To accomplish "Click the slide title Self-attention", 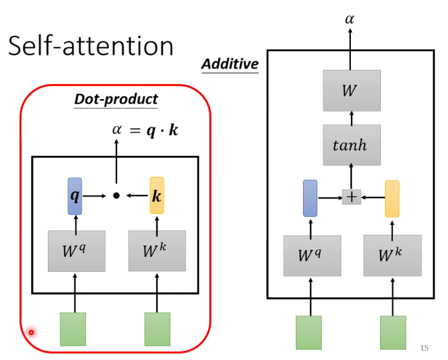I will pos(91,46).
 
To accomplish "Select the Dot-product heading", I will pos(116,99).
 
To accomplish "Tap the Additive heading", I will pos(230,64).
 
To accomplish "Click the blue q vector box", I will pos(75,195).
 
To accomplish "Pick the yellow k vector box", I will pos(157,195).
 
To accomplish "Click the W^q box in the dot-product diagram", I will pos(76,251).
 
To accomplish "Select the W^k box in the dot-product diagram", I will pos(157,251).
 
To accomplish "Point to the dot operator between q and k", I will pos(117,195).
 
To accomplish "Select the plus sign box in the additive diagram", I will pos(352,197).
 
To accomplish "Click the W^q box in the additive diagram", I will pos(311,255).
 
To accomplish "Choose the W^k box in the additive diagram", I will pos(392,255).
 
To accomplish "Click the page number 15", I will pos(425,347).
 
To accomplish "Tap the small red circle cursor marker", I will pos(30,333).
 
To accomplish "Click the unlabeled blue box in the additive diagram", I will pos(310,198).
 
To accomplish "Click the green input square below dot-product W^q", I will pos(73,328).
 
